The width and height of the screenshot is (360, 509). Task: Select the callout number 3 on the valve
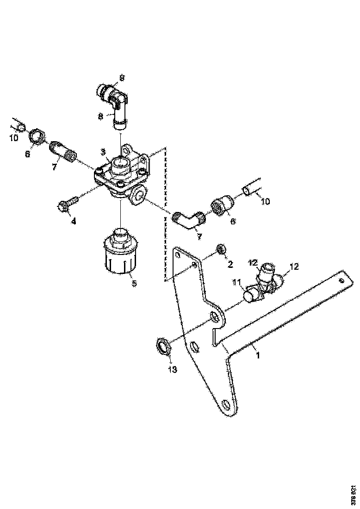coord(103,152)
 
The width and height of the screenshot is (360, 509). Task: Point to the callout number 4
coord(73,221)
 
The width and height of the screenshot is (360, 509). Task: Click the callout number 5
coord(134,283)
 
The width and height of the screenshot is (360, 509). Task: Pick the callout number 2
coord(230,265)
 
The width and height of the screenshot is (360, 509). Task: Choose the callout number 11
coord(237,282)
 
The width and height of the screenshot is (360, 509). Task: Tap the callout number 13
coord(172,369)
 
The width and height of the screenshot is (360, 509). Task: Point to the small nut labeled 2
coord(221,250)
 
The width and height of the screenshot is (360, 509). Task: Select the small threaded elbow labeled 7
coord(187,219)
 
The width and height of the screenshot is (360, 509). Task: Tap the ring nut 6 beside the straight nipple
coord(36,137)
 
